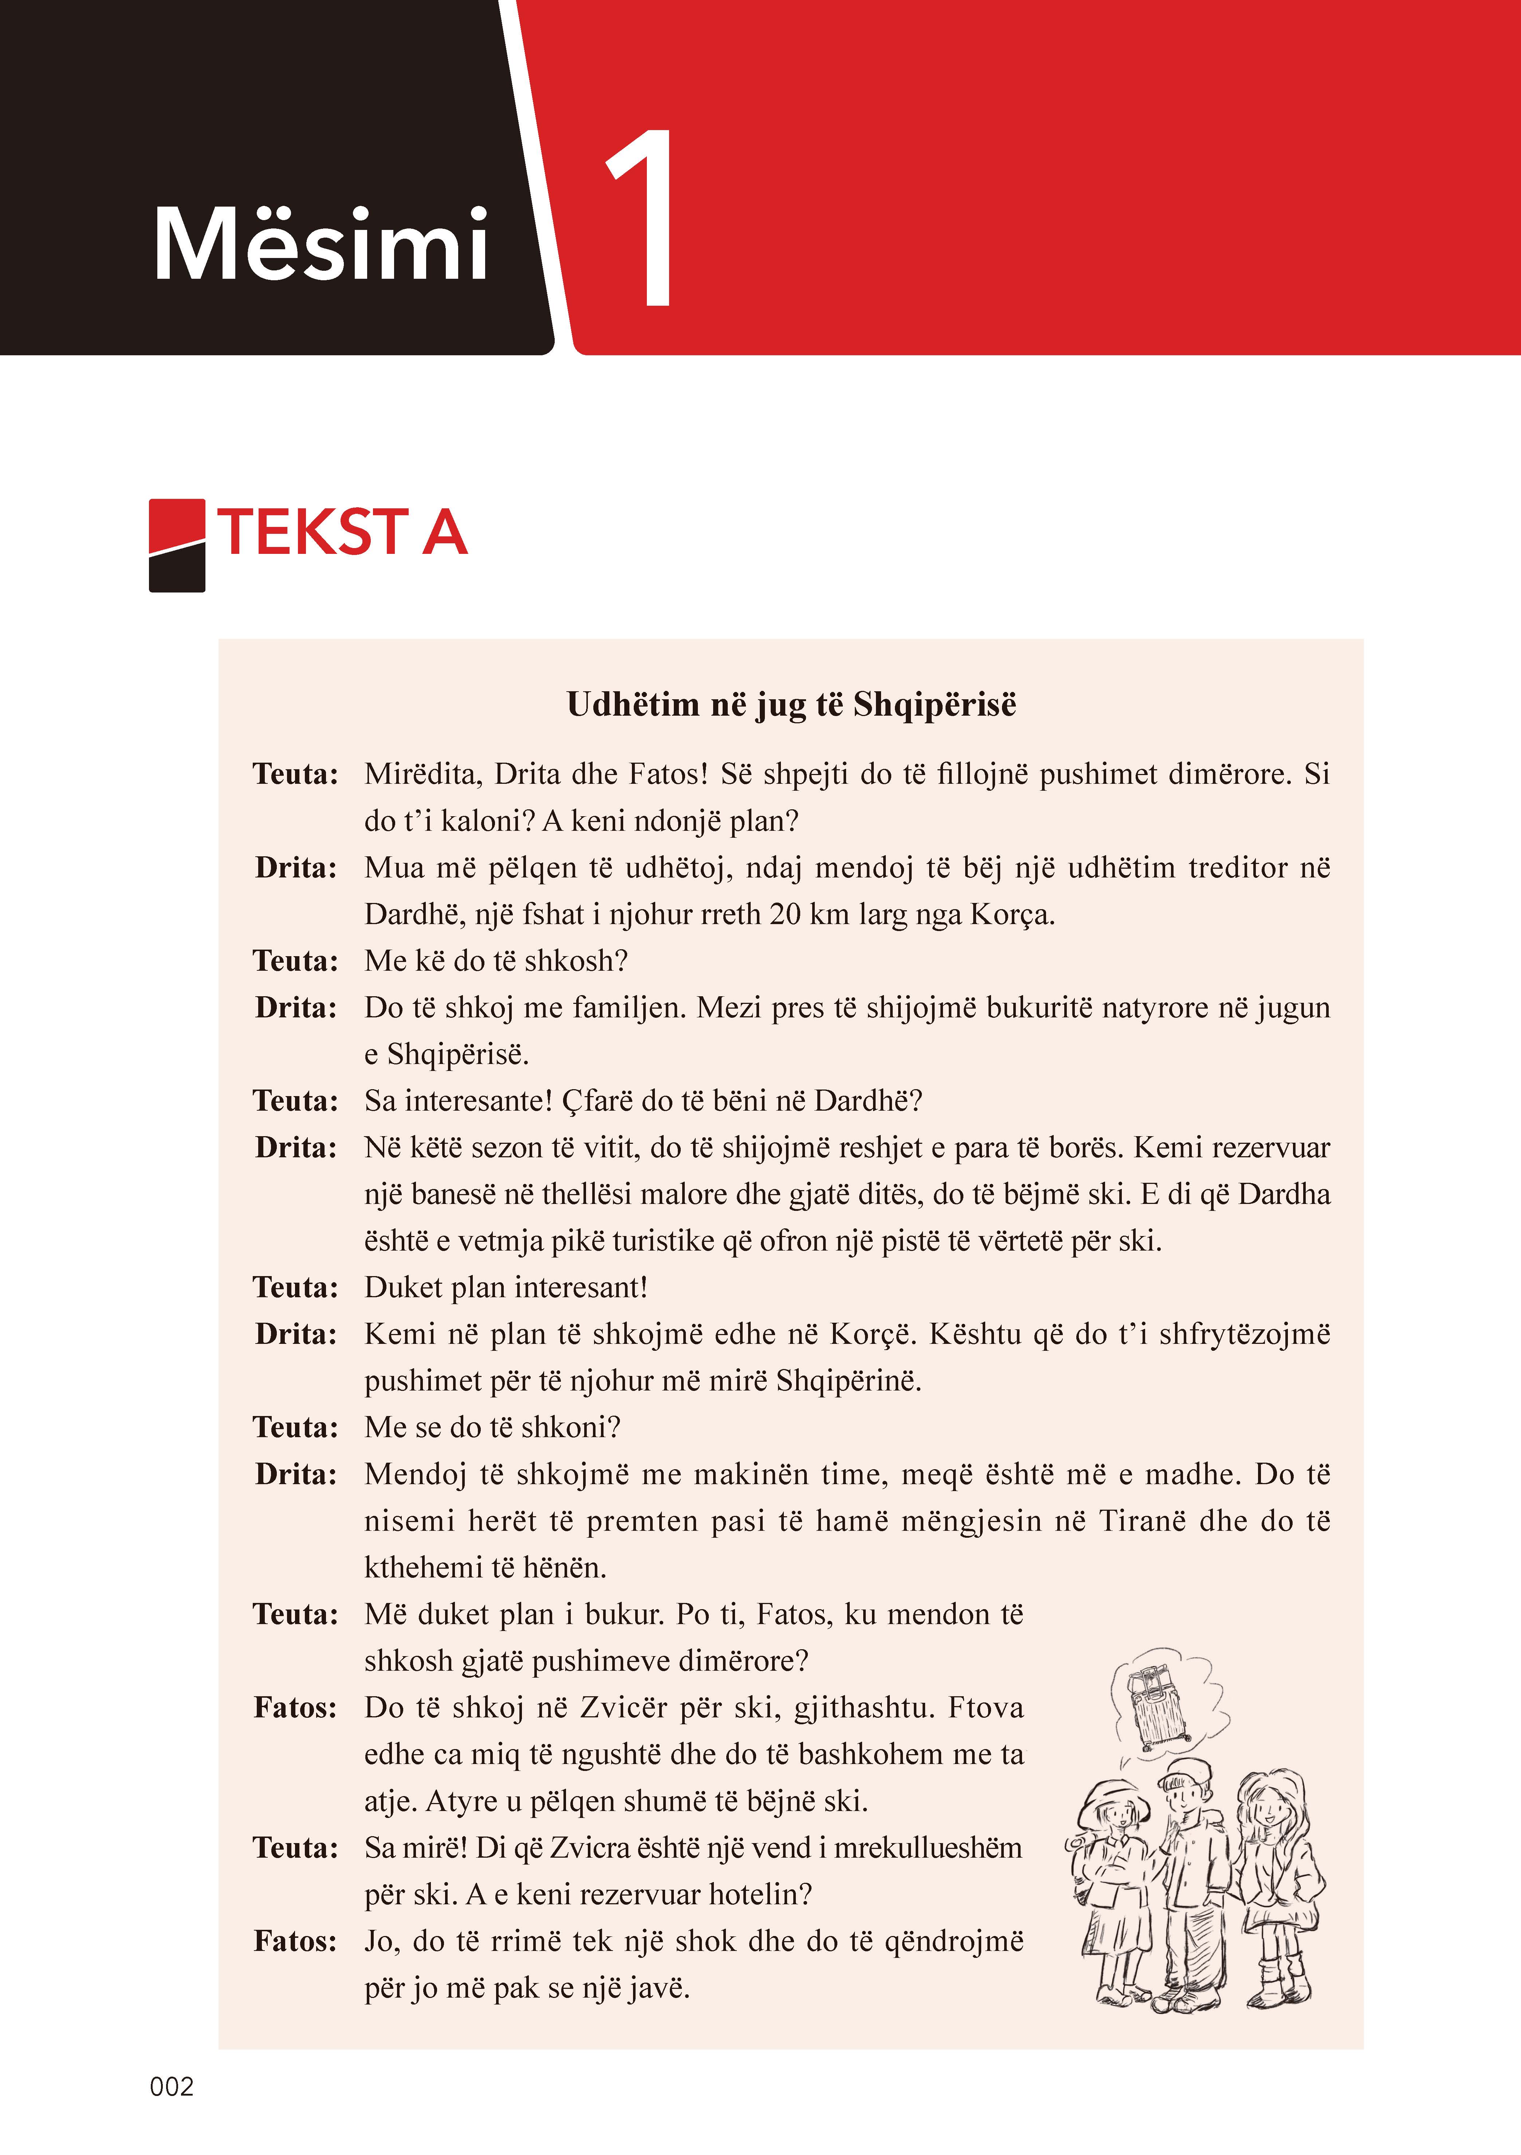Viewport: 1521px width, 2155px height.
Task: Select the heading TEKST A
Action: (342, 532)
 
